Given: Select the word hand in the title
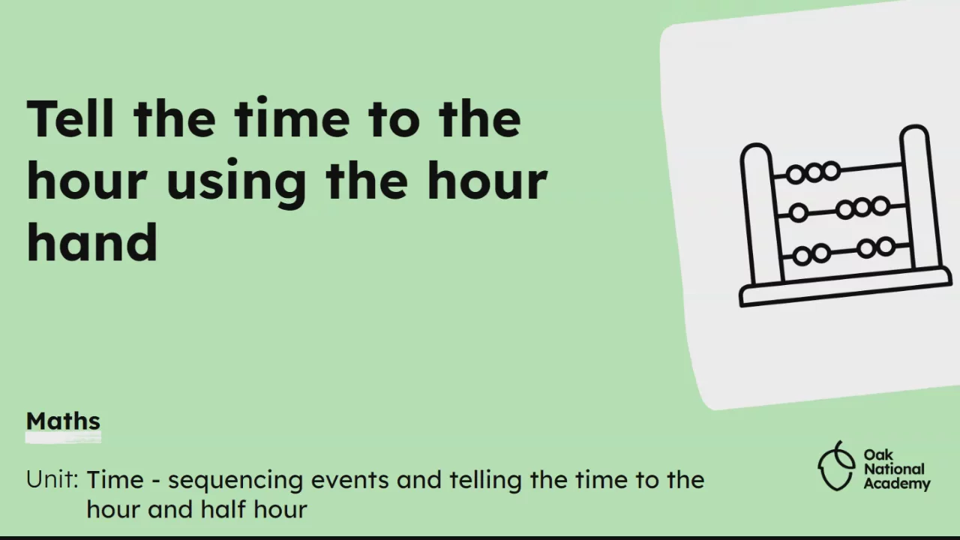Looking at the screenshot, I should (x=91, y=241).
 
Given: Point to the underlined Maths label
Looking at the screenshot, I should (x=63, y=421).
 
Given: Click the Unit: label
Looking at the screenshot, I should (x=52, y=480).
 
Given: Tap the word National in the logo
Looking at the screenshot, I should (x=894, y=469).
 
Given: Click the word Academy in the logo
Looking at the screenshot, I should (x=897, y=484).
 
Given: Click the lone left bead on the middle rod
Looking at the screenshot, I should (x=799, y=213).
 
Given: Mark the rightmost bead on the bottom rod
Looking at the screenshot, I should (x=886, y=247).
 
